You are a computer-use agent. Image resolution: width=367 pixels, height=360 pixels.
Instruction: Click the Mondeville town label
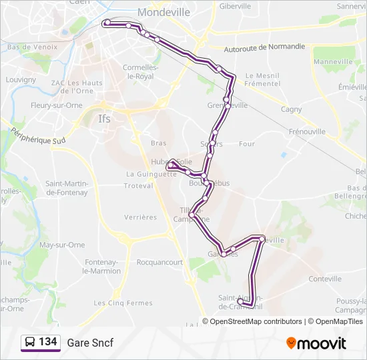pyautogui.click(x=163, y=12)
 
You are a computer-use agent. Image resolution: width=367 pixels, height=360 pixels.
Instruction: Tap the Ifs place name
pyautogui.click(x=104, y=119)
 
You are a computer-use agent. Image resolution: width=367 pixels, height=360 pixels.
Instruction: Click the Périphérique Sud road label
pyautogui.click(x=38, y=136)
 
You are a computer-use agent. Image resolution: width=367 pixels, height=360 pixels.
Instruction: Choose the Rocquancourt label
pyautogui.click(x=159, y=263)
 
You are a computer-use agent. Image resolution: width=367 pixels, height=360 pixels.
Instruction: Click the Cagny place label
pyautogui.click(x=291, y=109)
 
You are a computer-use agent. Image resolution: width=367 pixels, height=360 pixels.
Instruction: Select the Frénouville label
pyautogui.click(x=307, y=132)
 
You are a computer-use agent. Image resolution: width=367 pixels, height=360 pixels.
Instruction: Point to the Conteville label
pyautogui.click(x=325, y=279)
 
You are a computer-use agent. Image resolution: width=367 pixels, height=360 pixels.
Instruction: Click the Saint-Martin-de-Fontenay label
pyautogui.click(x=67, y=188)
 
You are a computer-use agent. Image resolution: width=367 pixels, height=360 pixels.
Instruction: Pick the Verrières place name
pyautogui.click(x=140, y=217)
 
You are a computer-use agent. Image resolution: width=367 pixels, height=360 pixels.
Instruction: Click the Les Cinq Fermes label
pyautogui.click(x=123, y=303)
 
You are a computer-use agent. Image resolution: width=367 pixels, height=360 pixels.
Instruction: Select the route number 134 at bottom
pyautogui.click(x=47, y=342)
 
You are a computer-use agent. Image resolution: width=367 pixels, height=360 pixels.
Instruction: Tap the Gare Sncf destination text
pyautogui.click(x=90, y=343)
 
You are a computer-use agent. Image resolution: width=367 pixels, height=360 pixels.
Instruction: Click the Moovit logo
pyautogui.click(x=316, y=343)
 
